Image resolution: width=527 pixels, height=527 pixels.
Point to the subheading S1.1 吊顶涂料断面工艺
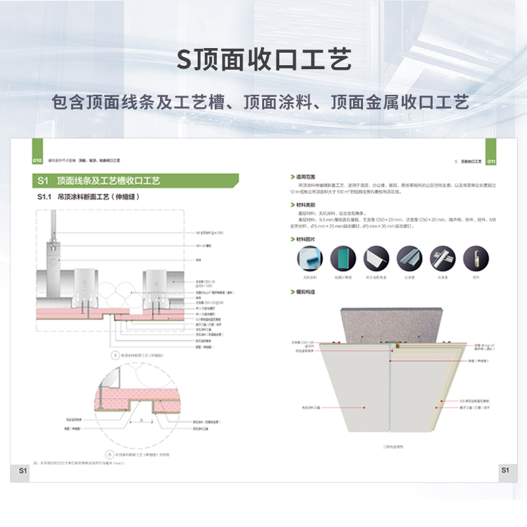point(90,196)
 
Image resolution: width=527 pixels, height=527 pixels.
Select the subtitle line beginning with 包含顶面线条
point(263,103)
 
